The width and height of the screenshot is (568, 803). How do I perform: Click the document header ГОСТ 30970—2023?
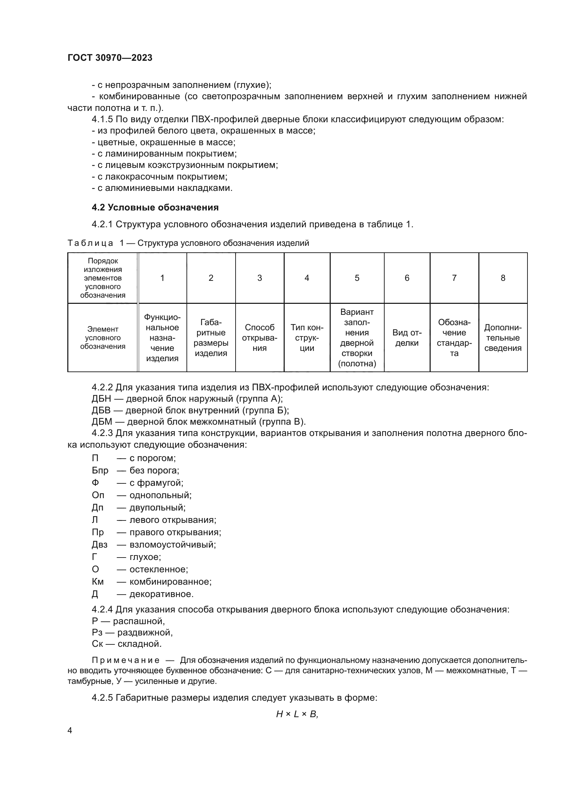click(110, 58)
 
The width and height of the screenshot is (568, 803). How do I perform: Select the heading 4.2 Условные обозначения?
click(155, 207)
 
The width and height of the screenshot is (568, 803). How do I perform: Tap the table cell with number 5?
click(357, 278)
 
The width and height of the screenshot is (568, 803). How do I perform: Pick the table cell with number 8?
click(503, 278)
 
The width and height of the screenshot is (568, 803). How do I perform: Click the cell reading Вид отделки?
click(407, 337)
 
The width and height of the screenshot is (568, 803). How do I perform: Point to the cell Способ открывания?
click(260, 337)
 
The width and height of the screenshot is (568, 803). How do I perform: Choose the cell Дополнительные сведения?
click(503, 337)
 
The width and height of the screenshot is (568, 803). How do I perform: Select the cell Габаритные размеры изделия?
click(211, 337)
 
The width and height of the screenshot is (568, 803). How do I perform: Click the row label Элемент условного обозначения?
click(102, 337)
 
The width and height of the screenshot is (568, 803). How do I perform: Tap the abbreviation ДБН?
click(101, 399)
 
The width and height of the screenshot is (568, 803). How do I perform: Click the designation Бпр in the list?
click(100, 470)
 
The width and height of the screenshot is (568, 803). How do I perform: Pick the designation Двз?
click(100, 544)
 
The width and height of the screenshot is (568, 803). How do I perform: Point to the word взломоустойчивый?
click(172, 544)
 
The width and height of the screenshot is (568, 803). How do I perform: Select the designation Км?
click(98, 582)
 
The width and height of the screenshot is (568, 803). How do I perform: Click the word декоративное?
click(161, 594)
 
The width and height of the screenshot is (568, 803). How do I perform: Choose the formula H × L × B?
click(297, 714)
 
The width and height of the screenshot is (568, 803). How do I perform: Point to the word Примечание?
click(126, 660)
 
